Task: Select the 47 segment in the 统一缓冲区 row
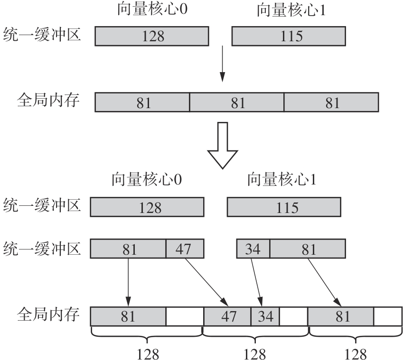(185, 249)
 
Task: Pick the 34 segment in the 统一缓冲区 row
(253, 249)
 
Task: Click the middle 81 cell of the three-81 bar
(236, 102)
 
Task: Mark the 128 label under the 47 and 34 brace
(255, 353)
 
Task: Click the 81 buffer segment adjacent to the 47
(128, 249)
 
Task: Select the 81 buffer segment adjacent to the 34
(308, 249)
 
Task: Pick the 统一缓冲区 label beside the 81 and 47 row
(42, 248)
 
